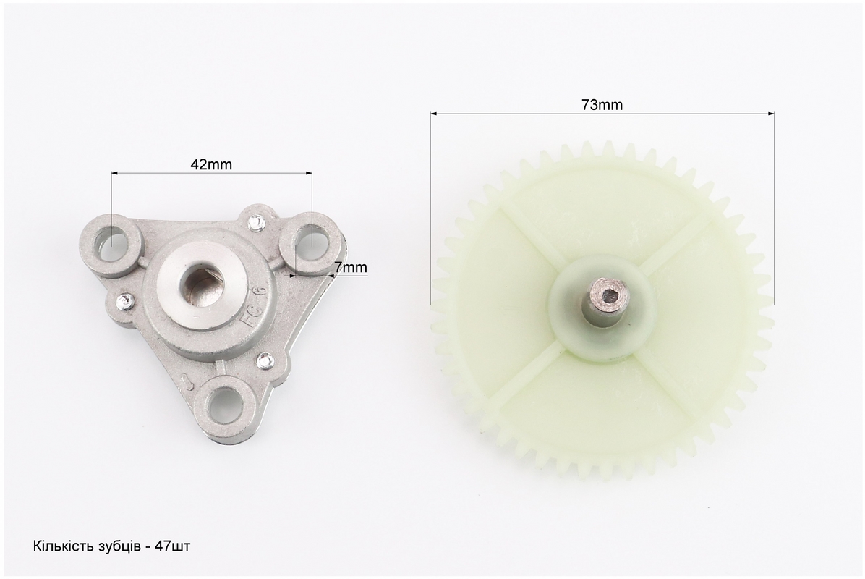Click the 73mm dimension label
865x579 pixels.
click(602, 105)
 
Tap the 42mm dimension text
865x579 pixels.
click(211, 164)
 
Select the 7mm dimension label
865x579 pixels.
click(351, 268)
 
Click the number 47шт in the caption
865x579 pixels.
click(173, 546)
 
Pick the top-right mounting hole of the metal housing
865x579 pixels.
click(310, 243)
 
